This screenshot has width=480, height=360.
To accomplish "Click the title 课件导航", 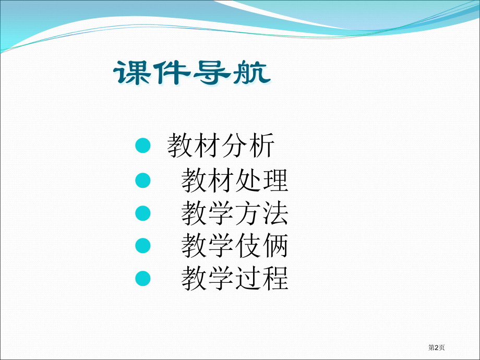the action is pyautogui.click(x=192, y=73).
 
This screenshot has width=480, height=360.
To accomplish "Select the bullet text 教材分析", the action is pyautogui.click(x=221, y=146).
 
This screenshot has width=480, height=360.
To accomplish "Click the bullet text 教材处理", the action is pyautogui.click(x=235, y=180).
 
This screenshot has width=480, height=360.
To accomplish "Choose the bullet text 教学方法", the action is pyautogui.click(x=235, y=213).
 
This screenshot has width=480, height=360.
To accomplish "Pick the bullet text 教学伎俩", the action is pyautogui.click(x=235, y=246).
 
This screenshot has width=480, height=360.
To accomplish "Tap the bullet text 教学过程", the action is pyautogui.click(x=235, y=278).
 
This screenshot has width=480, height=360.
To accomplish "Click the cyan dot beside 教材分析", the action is pyautogui.click(x=143, y=146).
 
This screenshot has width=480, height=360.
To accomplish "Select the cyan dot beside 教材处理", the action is pyautogui.click(x=143, y=181).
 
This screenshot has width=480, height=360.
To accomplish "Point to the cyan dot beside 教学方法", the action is pyautogui.click(x=143, y=213).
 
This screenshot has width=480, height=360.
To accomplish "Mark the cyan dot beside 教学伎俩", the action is pyautogui.click(x=143, y=246).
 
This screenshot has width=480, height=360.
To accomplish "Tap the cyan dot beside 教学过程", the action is pyautogui.click(x=143, y=278).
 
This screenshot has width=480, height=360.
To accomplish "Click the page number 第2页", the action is pyautogui.click(x=436, y=347).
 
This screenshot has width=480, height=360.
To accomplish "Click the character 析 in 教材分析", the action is pyautogui.click(x=262, y=146).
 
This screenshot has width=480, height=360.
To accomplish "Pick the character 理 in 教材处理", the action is pyautogui.click(x=275, y=180).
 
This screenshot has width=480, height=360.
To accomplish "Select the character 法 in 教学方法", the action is pyautogui.click(x=275, y=213).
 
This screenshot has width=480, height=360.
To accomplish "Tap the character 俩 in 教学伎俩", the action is pyautogui.click(x=275, y=246).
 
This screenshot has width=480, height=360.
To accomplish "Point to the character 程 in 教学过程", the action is pyautogui.click(x=275, y=278).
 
